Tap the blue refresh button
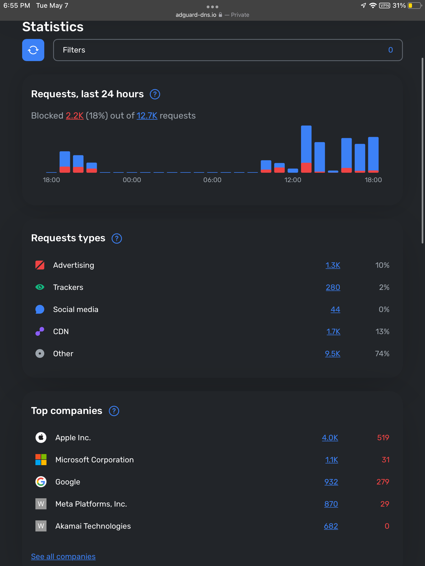(x=33, y=50)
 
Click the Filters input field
(x=227, y=50)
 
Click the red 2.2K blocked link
(x=75, y=116)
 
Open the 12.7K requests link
(x=147, y=116)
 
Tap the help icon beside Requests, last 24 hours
(x=155, y=94)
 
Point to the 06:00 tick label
(x=212, y=180)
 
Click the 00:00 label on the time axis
(x=132, y=180)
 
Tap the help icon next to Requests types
(x=117, y=238)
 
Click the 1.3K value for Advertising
(x=333, y=265)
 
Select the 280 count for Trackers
(x=333, y=287)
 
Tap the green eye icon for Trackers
(x=40, y=287)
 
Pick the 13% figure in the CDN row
(x=382, y=332)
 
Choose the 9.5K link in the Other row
(x=333, y=354)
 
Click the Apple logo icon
(x=41, y=437)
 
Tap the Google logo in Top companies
(x=41, y=482)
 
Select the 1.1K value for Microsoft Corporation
(x=331, y=460)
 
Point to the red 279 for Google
(x=383, y=482)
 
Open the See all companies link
(x=63, y=556)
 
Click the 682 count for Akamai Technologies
(x=331, y=526)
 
